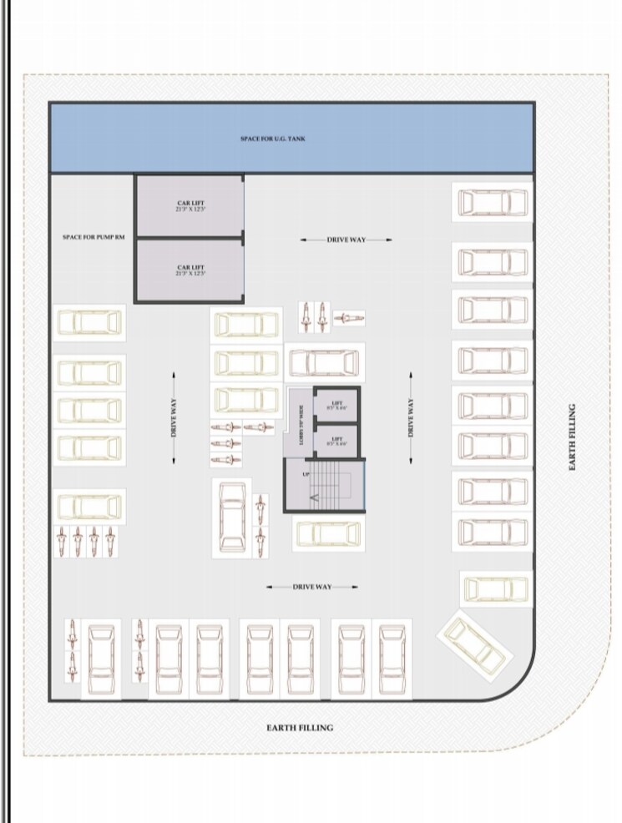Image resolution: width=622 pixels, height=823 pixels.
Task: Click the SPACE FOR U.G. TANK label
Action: pyautogui.click(x=272, y=139)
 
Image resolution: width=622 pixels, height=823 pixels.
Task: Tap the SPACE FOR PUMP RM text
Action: pyautogui.click(x=94, y=238)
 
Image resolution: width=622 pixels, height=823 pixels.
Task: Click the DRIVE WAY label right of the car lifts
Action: pyautogui.click(x=346, y=240)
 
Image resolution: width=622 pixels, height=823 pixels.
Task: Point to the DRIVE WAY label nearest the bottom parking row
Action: pyautogui.click(x=311, y=587)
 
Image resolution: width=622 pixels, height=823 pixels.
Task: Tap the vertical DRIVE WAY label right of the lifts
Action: pyautogui.click(x=411, y=417)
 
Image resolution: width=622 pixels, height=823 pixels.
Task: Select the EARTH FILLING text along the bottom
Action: pyautogui.click(x=300, y=728)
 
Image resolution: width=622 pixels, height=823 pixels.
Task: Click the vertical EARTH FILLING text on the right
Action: pyautogui.click(x=573, y=437)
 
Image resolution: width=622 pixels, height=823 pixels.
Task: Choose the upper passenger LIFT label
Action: pyautogui.click(x=337, y=406)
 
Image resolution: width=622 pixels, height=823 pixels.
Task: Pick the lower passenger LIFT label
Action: pyautogui.click(x=337, y=440)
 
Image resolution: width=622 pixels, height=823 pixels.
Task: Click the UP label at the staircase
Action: pyautogui.click(x=306, y=475)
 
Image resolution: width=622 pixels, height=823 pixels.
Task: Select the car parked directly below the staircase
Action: pyautogui.click(x=328, y=533)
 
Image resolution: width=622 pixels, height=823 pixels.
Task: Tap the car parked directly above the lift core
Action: pyautogui.click(x=324, y=363)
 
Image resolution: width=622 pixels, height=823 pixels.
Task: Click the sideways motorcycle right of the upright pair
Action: pyautogui.click(x=348, y=317)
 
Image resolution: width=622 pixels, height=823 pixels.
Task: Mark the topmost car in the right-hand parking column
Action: pyautogui.click(x=492, y=202)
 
